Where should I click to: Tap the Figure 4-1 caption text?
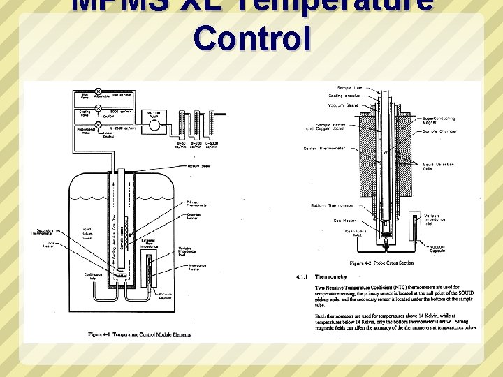pyautogui.click(x=140, y=334)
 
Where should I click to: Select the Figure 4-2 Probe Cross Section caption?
pyautogui.click(x=381, y=263)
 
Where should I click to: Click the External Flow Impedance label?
pyautogui.click(x=167, y=244)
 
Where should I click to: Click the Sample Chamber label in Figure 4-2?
pyautogui.click(x=439, y=131)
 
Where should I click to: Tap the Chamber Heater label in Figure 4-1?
pyautogui.click(x=194, y=217)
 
